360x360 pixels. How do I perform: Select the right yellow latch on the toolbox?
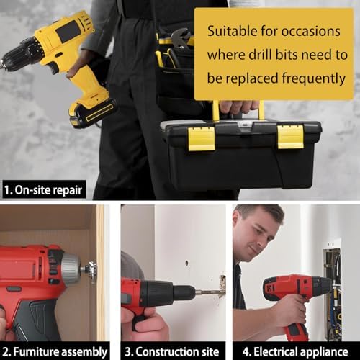pos(290,135)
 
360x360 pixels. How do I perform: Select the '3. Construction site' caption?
pos(172,351)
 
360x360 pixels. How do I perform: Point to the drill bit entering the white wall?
pos(209,291)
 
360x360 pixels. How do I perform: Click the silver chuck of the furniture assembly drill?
pos(72,269)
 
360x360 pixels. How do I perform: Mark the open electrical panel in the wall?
pos(333,288)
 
